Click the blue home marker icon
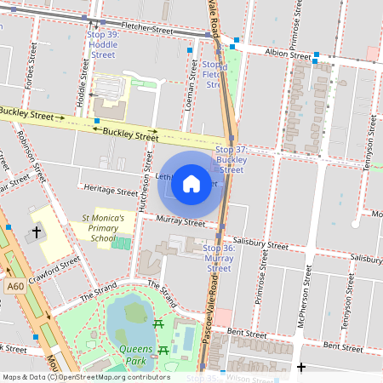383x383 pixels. coord(191,183)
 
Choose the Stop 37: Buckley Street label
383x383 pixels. coord(231,159)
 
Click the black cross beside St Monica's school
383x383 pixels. coord(37,232)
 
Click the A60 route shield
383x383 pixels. coord(14,288)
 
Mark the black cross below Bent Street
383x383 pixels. coord(301,368)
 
